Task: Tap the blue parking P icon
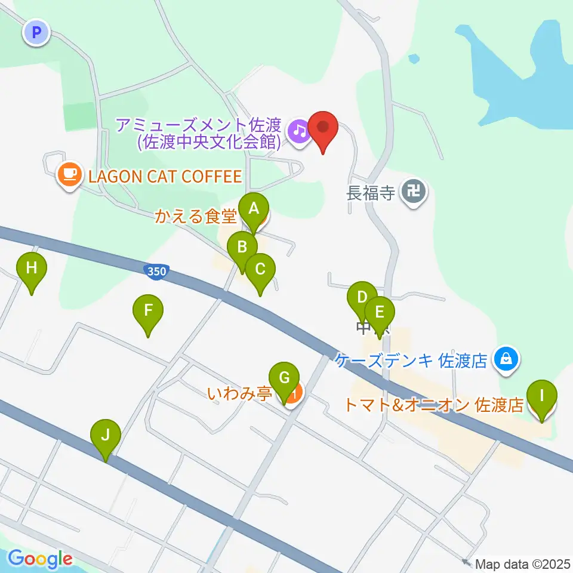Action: pos(37,33)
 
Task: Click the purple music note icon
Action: pos(298,131)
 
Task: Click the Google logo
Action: pos(40,559)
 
